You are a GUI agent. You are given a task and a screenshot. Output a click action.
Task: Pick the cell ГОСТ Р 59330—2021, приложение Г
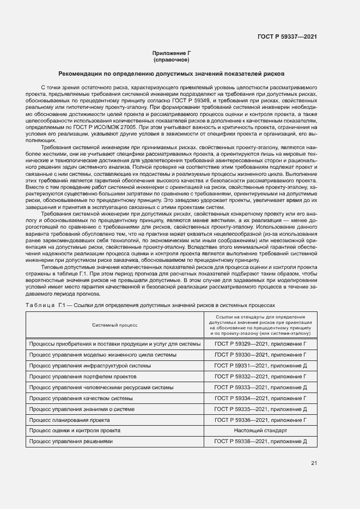260,354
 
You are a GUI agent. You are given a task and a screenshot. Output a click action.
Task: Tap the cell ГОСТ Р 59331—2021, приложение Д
260,365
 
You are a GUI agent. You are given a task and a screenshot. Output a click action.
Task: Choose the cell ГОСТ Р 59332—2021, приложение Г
260,376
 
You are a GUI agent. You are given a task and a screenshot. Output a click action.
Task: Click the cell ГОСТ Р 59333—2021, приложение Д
260,387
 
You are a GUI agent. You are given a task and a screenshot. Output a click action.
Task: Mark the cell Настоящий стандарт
260,430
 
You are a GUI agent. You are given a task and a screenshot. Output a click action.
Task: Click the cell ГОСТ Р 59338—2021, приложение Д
260,441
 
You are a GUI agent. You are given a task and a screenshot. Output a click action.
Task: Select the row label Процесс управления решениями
71,441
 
